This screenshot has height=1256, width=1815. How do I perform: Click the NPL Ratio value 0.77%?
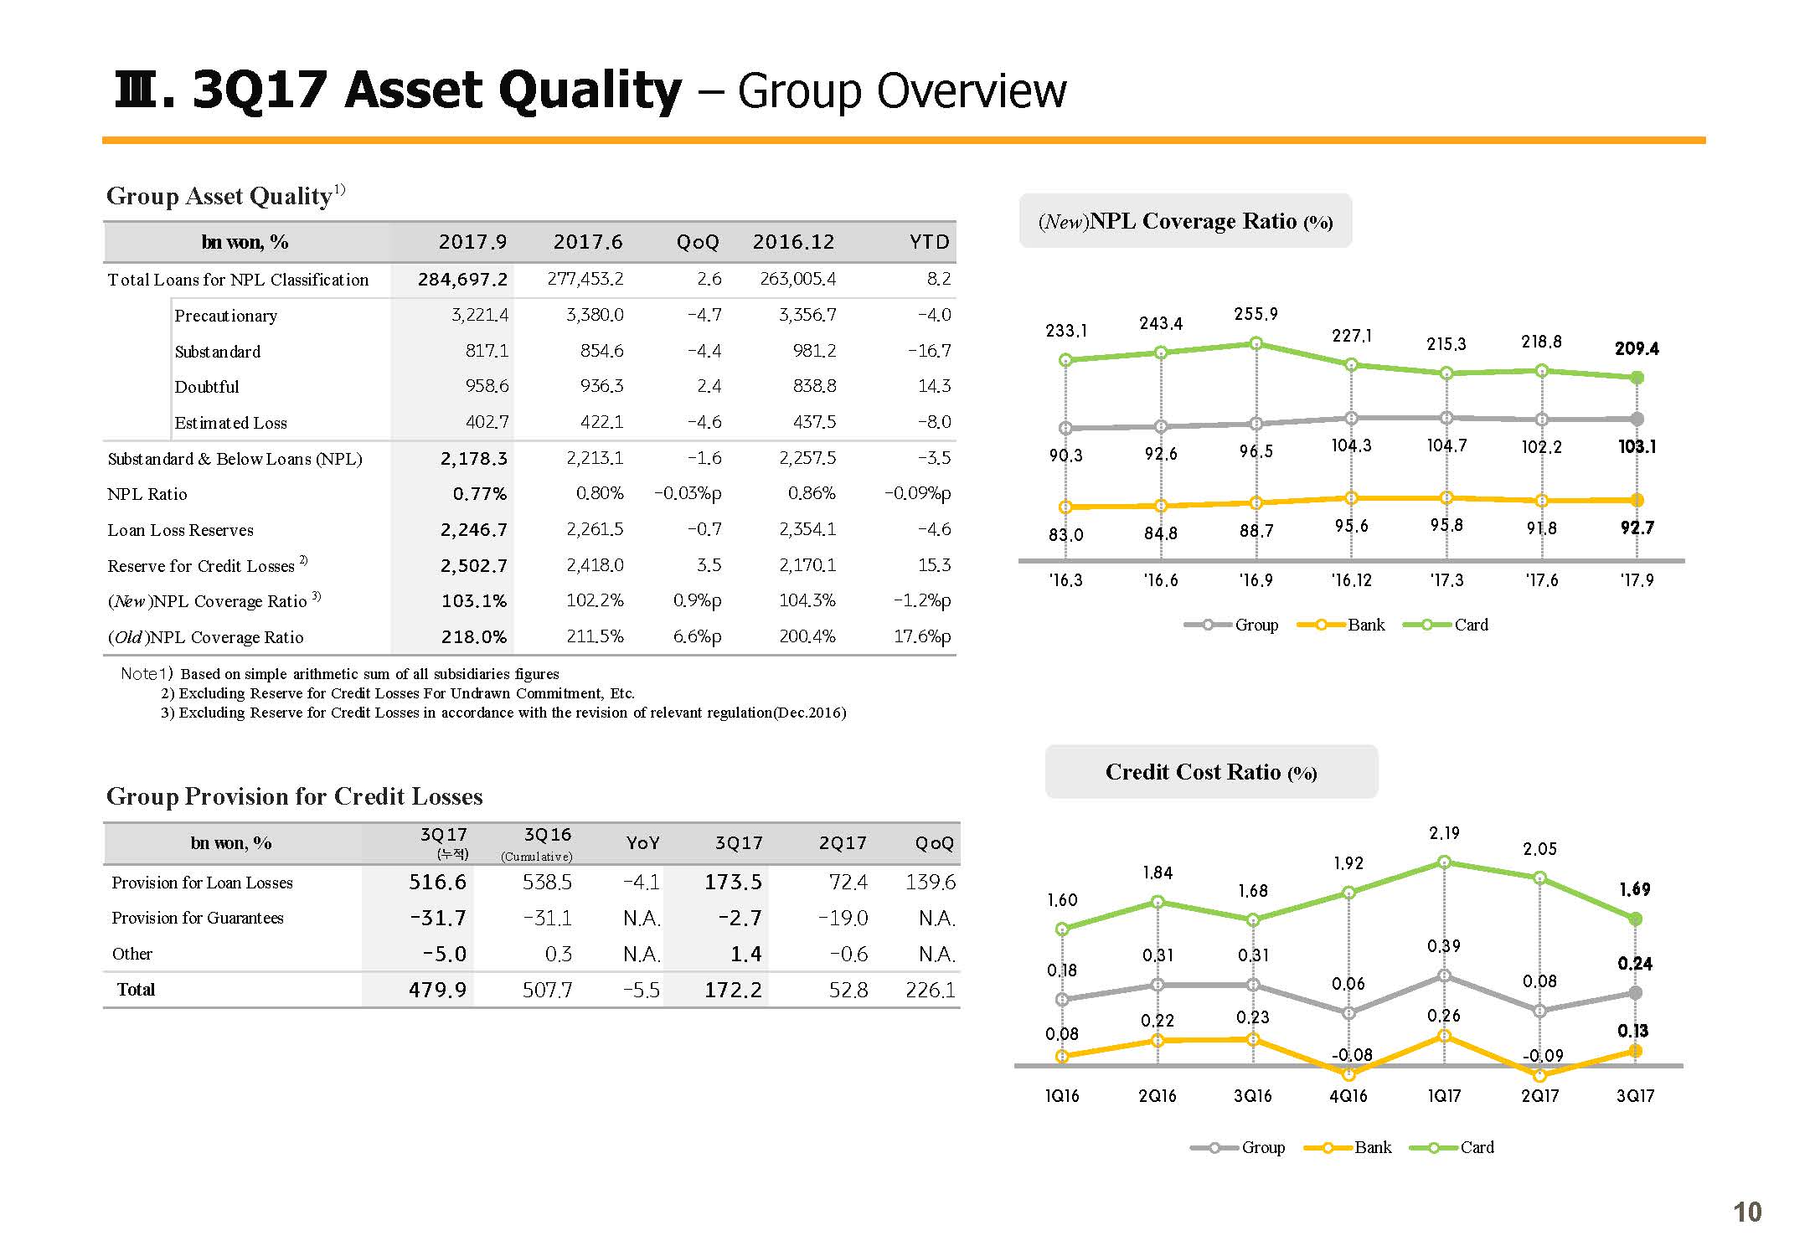pyautogui.click(x=480, y=494)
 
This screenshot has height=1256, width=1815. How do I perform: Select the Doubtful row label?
pyautogui.click(x=207, y=387)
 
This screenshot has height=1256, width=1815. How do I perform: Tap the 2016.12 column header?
pyautogui.click(x=793, y=242)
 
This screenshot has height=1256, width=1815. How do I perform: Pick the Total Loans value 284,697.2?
pyautogui.click(x=462, y=279)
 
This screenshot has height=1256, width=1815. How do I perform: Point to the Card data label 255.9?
pyautogui.click(x=1256, y=314)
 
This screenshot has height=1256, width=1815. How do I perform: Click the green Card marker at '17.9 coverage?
pyautogui.click(x=1637, y=378)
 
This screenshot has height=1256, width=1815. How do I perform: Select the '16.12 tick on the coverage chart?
pyautogui.click(x=1351, y=580)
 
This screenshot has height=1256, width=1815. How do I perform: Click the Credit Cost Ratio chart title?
pyautogui.click(x=1211, y=771)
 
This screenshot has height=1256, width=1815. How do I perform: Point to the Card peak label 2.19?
pyautogui.click(x=1444, y=833)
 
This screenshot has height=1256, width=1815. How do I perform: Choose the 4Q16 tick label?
pyautogui.click(x=1348, y=1096)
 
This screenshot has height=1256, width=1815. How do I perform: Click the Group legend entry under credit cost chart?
pyautogui.click(x=1237, y=1147)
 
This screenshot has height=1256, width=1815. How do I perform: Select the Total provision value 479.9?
pyautogui.click(x=437, y=990)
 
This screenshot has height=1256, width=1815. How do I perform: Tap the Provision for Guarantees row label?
pyautogui.click(x=198, y=918)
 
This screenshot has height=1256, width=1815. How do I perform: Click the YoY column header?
pyautogui.click(x=642, y=843)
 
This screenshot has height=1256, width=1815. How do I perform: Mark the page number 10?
pyautogui.click(x=1747, y=1212)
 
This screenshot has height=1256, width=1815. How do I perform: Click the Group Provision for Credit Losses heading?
pyautogui.click(x=295, y=796)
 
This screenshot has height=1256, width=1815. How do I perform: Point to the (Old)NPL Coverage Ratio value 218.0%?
pyautogui.click(x=474, y=637)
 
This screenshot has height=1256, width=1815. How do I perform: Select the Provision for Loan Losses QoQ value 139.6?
pyautogui.click(x=931, y=882)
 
